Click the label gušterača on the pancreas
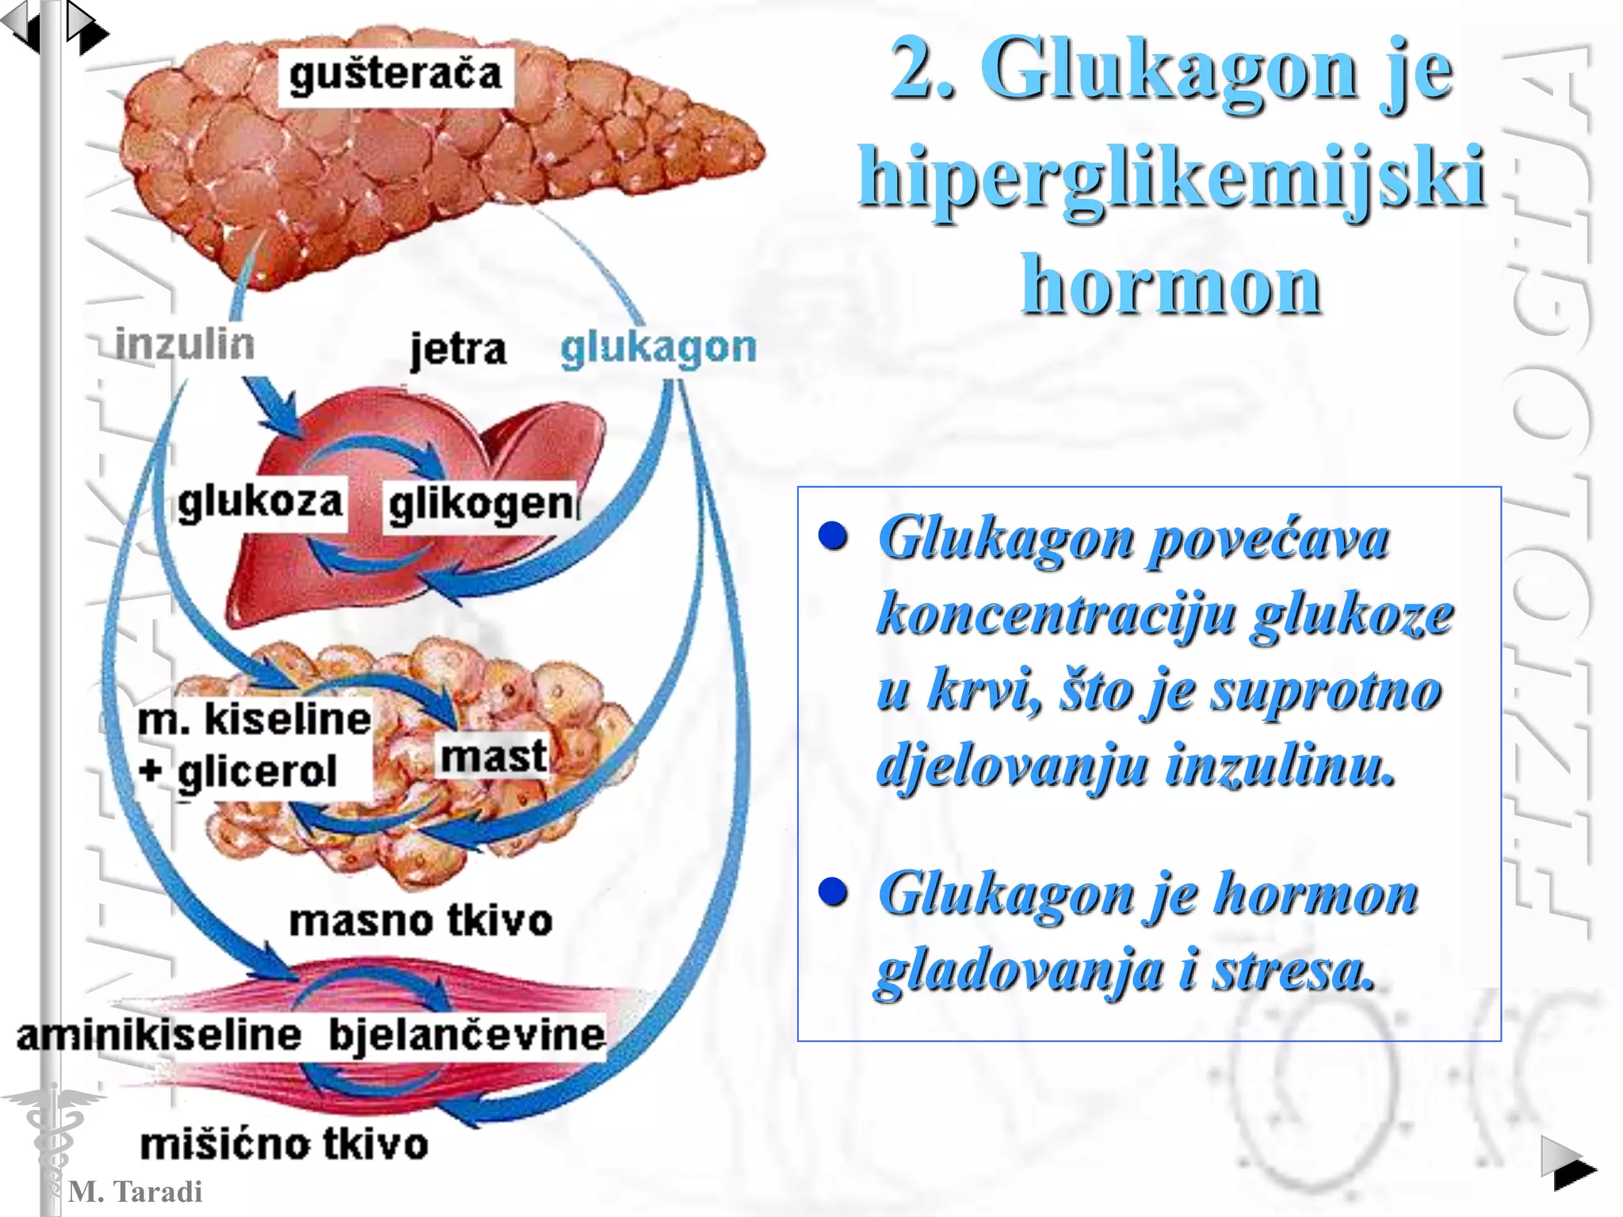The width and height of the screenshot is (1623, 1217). tap(395, 76)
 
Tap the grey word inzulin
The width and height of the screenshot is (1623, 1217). tap(185, 344)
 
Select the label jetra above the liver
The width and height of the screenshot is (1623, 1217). tap(458, 349)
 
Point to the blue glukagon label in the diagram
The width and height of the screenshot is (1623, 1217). tap(658, 348)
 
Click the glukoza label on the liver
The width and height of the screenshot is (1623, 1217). tap(260, 502)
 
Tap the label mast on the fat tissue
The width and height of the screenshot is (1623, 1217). tap(493, 757)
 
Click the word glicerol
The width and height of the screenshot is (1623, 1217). tap(257, 772)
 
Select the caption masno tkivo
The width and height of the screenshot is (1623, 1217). tap(420, 921)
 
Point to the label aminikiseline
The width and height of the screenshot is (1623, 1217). tap(159, 1036)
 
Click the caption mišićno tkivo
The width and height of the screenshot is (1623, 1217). tap(284, 1145)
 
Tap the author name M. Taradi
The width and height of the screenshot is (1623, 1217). tap(136, 1192)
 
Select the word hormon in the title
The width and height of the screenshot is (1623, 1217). tap(1171, 285)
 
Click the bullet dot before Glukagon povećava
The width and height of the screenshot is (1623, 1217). tap(833, 536)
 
